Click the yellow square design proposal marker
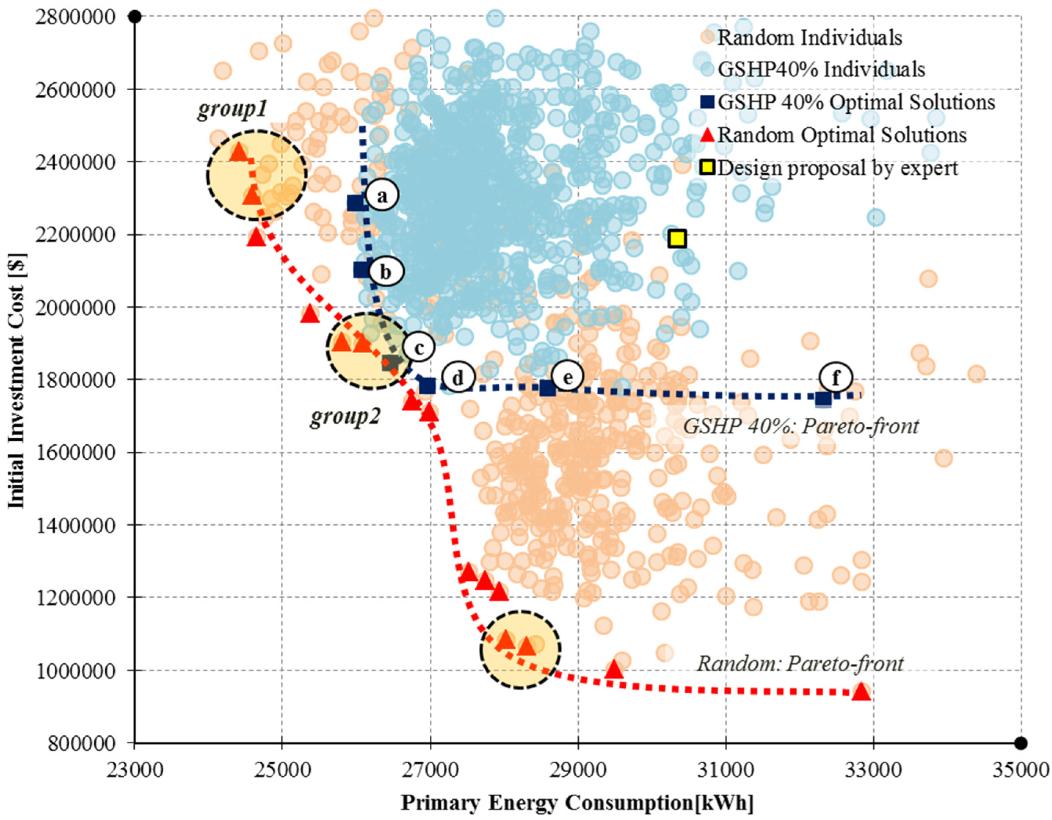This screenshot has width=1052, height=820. click(x=677, y=238)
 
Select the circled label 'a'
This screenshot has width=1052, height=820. click(x=382, y=196)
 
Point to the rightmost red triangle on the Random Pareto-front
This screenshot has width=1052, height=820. click(x=861, y=692)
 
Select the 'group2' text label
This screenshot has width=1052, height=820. click(x=345, y=417)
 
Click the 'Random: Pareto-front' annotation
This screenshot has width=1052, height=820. click(x=800, y=663)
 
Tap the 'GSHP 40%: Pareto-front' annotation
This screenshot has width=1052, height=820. click(x=801, y=426)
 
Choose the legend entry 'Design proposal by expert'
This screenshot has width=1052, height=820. click(x=837, y=168)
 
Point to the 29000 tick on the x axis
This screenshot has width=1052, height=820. click(x=578, y=769)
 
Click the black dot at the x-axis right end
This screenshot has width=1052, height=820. click(x=1020, y=743)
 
